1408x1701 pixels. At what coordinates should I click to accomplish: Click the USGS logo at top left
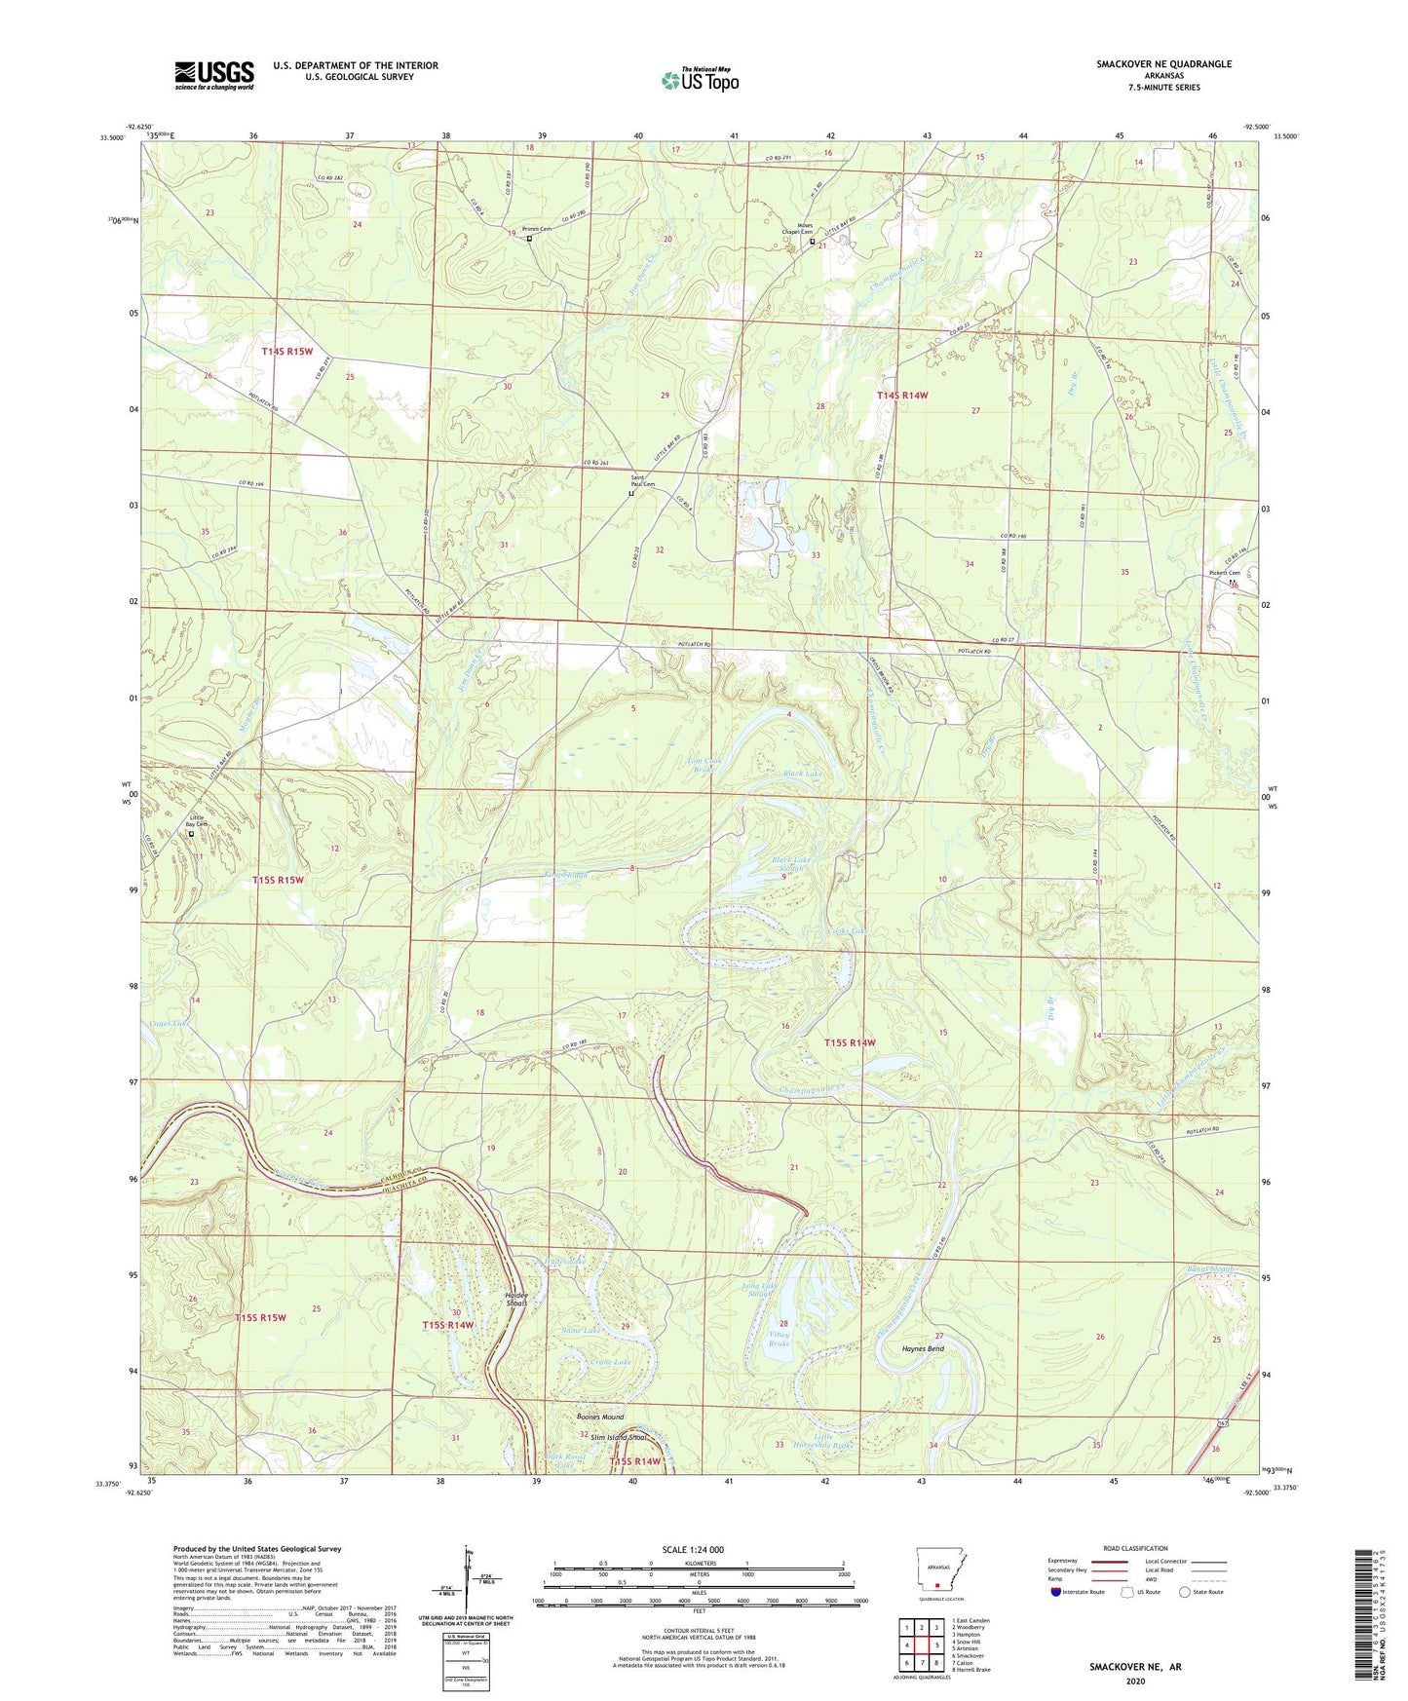coord(214,75)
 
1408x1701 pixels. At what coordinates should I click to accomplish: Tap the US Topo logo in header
coord(701,80)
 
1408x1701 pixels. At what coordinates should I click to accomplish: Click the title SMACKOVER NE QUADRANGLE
coord(1163,64)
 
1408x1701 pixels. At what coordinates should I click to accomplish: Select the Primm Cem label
coord(537,229)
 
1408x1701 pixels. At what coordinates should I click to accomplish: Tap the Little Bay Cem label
coord(198,821)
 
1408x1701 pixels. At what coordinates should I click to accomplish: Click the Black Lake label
coord(802,774)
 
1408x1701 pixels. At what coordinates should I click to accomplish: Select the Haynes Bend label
coord(922,1349)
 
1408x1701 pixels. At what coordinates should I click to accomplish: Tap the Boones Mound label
coord(599,1417)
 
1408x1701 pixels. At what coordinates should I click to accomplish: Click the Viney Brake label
coord(779,1339)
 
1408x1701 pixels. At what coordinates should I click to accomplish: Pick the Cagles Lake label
coord(170,1024)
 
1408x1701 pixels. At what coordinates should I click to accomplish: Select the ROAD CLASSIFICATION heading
coord(1135,1548)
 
